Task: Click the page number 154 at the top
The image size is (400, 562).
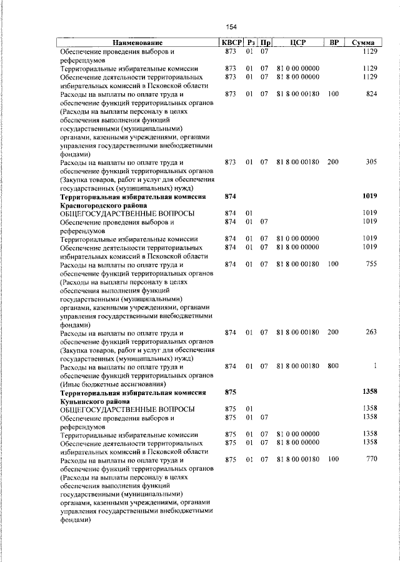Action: point(231,27)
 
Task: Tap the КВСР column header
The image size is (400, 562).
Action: point(230,42)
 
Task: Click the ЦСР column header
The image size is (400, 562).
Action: point(297,42)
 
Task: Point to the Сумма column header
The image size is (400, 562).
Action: point(362,42)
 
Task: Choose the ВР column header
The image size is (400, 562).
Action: point(334,42)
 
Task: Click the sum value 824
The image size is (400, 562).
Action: point(371,94)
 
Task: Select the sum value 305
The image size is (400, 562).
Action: point(371,162)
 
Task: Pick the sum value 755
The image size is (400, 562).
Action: point(371,264)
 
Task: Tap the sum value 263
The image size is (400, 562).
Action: point(371,332)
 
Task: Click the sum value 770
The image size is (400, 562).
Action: point(371,460)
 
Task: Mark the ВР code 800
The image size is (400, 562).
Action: point(332,366)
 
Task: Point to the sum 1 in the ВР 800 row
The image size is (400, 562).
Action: point(375,366)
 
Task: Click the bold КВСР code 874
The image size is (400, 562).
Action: point(230,196)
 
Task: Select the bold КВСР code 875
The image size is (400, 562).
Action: point(230,392)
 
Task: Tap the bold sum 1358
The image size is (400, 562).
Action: point(370,392)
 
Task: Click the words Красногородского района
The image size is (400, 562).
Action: point(103,205)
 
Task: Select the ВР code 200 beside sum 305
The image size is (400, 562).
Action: point(332,162)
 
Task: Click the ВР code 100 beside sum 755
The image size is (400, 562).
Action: point(332,264)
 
